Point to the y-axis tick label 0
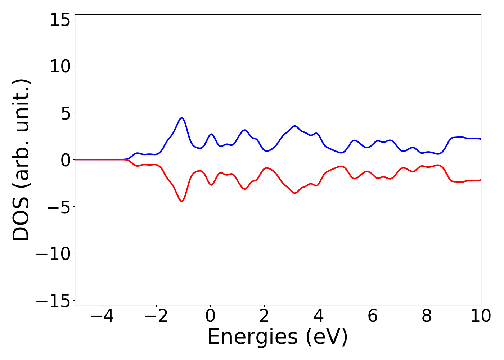tap(65, 160)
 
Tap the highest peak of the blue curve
tap(182, 118)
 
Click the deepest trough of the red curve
tap(182, 201)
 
